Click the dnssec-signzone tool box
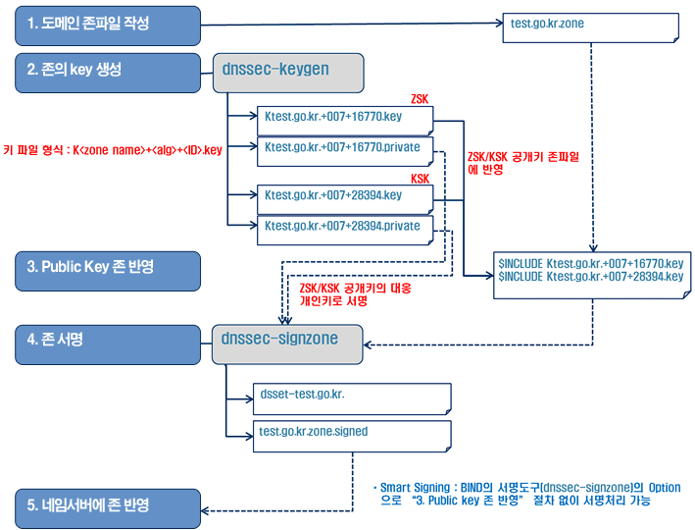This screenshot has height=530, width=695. pos(288,340)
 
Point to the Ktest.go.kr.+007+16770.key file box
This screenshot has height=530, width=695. pos(343,120)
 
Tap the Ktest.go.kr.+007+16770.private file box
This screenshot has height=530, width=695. pos(343,149)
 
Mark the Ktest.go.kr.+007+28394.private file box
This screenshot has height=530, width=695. pos(343,228)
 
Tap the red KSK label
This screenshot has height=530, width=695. pos(420,178)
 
